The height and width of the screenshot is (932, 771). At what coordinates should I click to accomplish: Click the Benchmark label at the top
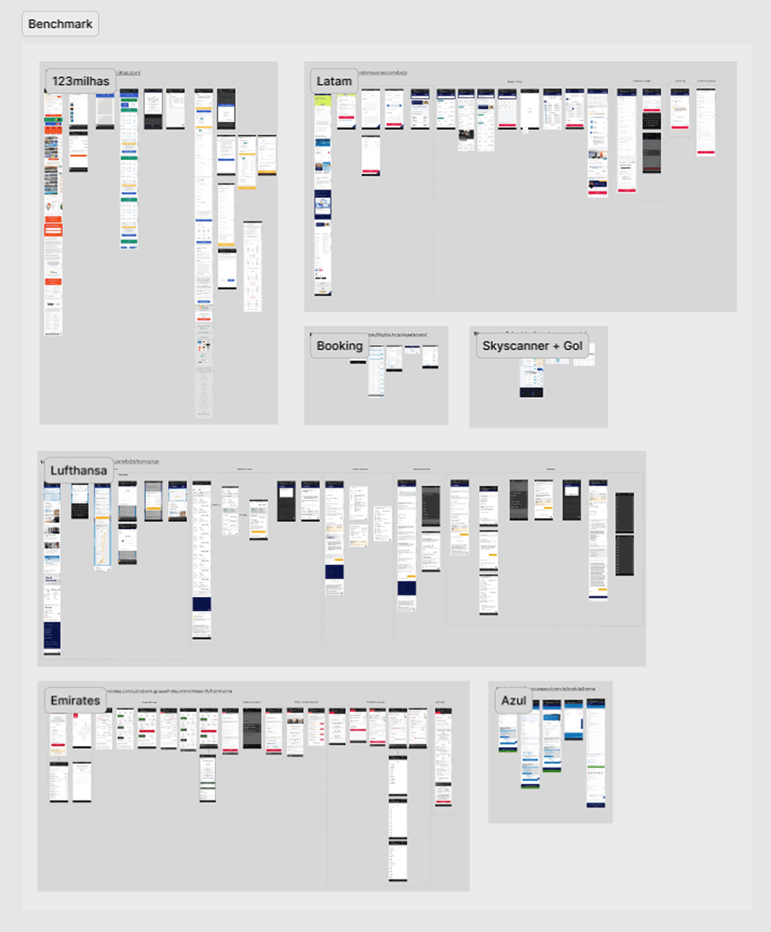[60, 24]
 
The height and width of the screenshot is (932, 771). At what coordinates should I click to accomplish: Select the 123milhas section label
[81, 81]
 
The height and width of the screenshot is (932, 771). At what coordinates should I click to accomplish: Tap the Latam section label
[334, 81]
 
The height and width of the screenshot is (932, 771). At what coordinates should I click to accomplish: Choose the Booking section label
[339, 346]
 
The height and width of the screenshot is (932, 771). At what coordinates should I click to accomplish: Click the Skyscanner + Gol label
[532, 346]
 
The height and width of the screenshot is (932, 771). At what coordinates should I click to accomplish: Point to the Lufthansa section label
[78, 471]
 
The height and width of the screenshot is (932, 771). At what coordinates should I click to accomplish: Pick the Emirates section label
[75, 700]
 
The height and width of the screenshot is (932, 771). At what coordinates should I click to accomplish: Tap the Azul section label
[513, 700]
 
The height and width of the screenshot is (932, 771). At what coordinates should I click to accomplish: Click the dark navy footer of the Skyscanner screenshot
[531, 393]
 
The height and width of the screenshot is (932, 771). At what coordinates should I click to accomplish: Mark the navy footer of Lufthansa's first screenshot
[52, 635]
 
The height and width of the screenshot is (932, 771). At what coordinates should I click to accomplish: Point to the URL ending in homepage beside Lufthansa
[137, 461]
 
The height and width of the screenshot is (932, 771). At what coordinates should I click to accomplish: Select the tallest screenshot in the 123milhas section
[203, 251]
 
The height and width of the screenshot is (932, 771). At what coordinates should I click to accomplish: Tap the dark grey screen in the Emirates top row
[252, 728]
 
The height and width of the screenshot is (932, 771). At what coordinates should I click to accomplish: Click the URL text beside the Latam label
[383, 72]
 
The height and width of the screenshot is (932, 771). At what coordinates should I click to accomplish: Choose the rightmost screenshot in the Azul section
[595, 752]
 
